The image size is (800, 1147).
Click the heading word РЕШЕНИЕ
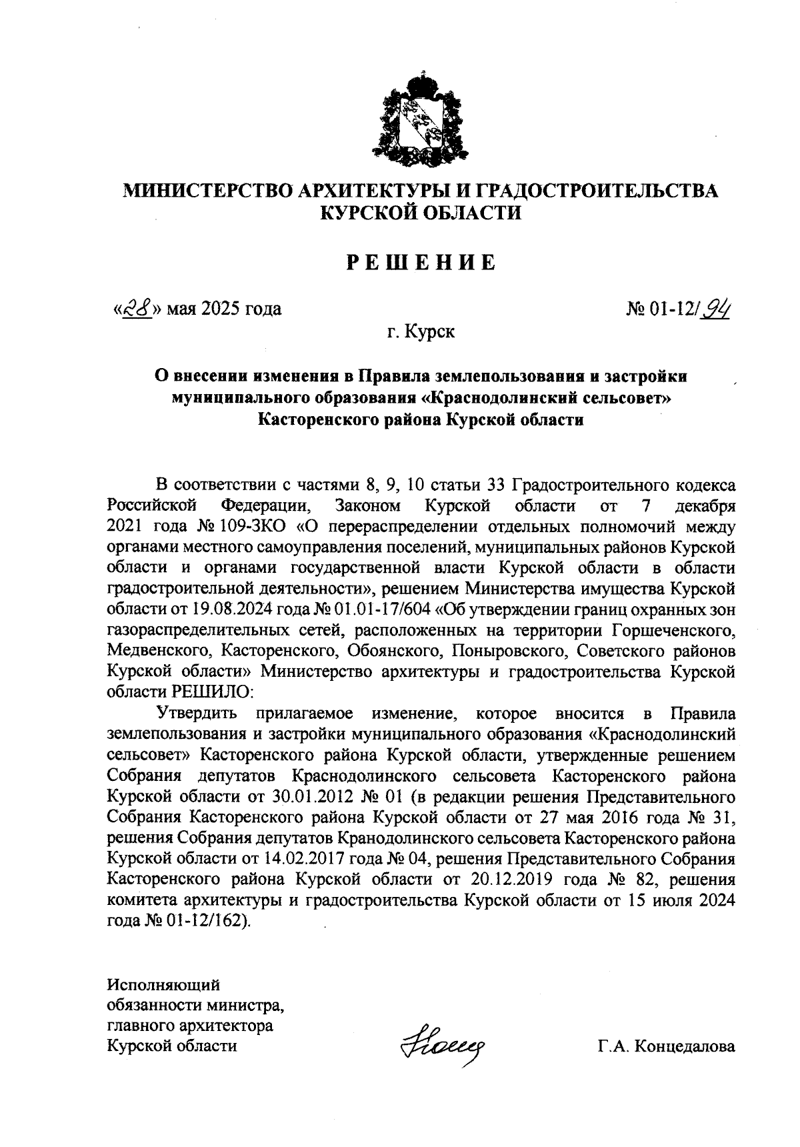click(x=421, y=263)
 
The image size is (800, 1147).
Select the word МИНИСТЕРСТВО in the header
click(x=209, y=191)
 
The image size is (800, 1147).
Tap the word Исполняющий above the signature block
click(x=163, y=984)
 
